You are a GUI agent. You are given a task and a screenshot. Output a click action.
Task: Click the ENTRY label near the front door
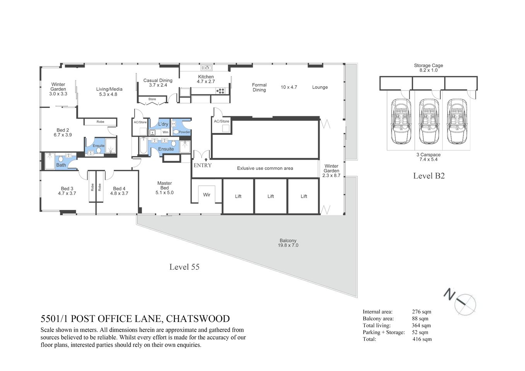pyautogui.click(x=202, y=165)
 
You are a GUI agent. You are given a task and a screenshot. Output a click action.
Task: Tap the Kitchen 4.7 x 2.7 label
pyautogui.click(x=206, y=79)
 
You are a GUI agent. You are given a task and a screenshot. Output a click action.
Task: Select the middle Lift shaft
pyautogui.click(x=271, y=196)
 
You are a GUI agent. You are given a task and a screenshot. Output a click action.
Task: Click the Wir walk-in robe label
pyautogui.click(x=207, y=195)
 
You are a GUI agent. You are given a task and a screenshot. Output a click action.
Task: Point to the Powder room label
pyautogui.click(x=184, y=132)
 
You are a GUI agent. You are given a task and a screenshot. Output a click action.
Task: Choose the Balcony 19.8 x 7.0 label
pyautogui.click(x=288, y=243)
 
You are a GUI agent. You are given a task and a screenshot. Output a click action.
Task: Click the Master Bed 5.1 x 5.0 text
pyautogui.click(x=164, y=188)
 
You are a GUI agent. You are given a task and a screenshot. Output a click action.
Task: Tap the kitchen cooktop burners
pyautogui.click(x=221, y=91)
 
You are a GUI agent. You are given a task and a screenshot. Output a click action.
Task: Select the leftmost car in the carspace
pyautogui.click(x=401, y=121)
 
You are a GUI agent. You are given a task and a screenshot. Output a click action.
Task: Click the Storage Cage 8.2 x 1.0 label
pyautogui.click(x=428, y=68)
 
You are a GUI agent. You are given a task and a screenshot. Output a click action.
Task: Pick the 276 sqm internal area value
pyautogui.click(x=421, y=312)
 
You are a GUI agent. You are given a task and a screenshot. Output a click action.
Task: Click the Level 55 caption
pyautogui.click(x=184, y=267)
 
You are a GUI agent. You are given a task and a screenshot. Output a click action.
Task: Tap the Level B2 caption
pyautogui.click(x=429, y=176)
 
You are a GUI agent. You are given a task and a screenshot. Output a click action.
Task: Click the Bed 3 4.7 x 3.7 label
pyautogui.click(x=67, y=191)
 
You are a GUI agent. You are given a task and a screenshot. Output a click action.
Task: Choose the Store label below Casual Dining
pyautogui.click(x=152, y=99)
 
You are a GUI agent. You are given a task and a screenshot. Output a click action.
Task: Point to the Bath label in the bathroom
pyautogui.click(x=61, y=165)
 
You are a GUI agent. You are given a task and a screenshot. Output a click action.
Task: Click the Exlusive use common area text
pyautogui.click(x=265, y=168)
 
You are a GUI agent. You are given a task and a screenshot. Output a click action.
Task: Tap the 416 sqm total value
pyautogui.click(x=422, y=339)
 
